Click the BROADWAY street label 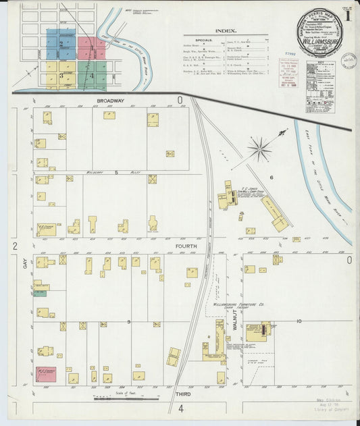tap(109, 101)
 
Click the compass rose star tap(259, 148)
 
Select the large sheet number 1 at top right tap(346, 13)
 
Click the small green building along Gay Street tap(41, 293)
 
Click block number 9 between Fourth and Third tap(129, 322)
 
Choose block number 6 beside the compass tap(271, 177)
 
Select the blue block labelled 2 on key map tap(61, 45)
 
